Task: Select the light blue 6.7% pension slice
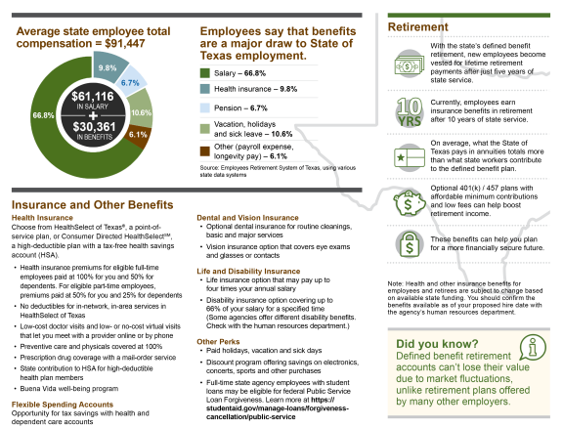pos(131,82)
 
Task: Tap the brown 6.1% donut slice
pos(139,136)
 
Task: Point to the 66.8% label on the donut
pos(43,115)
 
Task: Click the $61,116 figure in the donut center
pos(93,96)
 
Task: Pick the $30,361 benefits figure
pos(94,127)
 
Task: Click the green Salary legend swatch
pos(204,73)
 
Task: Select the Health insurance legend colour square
pos(204,89)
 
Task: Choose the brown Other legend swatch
pos(204,151)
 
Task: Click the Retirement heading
pos(418,27)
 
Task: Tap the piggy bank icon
pos(410,203)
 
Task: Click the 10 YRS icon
pos(410,112)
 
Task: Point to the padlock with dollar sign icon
pos(410,244)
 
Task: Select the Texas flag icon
pos(410,157)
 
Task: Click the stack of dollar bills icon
pos(410,64)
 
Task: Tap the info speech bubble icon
pos(533,347)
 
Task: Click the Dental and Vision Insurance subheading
pos(247,218)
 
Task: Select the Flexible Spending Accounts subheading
pos(63,405)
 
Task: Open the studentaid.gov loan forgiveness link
pos(278,408)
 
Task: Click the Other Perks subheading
pos(218,341)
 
